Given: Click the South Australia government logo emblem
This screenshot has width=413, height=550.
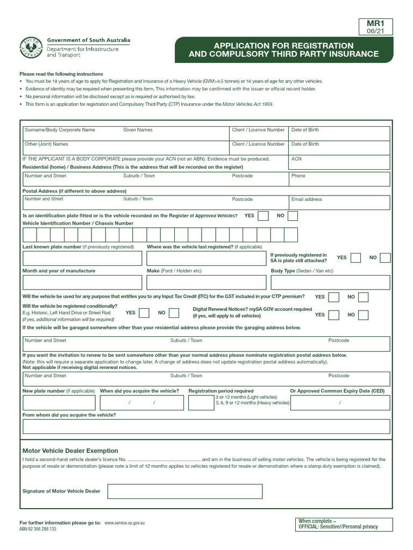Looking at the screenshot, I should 31,48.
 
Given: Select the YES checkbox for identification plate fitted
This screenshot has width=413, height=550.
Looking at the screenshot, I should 263,216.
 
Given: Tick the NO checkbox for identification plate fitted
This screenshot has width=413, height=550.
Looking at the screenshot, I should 293,216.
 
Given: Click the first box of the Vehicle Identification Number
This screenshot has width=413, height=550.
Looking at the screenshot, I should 29,235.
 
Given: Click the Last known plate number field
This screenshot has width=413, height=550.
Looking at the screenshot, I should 82,258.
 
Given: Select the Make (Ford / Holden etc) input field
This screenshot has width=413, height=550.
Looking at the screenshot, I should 206,283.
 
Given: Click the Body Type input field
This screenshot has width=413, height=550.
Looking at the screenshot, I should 330,283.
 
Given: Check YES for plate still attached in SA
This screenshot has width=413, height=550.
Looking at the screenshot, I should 355,258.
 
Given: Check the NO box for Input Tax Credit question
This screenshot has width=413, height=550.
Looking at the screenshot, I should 364,297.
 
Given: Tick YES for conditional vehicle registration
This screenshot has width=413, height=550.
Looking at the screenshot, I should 144,313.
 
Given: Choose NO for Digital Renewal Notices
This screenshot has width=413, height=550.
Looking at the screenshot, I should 364,315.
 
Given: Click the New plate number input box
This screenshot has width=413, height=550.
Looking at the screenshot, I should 59,403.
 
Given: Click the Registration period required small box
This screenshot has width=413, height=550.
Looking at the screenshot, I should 201,403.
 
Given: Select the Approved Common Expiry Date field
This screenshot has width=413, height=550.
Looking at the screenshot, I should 339,403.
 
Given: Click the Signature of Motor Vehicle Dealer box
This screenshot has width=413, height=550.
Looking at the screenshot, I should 185,491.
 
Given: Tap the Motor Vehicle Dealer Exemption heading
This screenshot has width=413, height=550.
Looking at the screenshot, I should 70,451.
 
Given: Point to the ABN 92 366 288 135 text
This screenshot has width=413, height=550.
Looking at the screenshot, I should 38,529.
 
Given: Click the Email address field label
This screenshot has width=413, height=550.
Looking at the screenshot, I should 307,199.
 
